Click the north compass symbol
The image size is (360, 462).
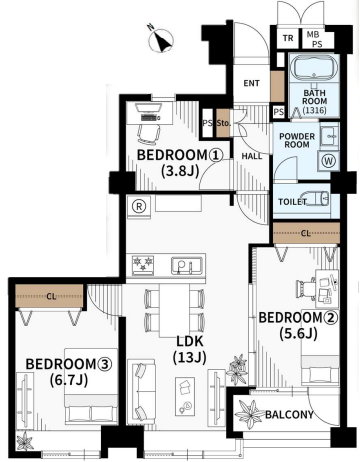tap(161, 40)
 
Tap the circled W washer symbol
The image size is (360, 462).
tap(329, 161)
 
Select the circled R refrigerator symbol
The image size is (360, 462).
tap(139, 206)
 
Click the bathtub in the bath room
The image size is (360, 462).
tap(313, 69)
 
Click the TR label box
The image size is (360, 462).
tap(288, 38)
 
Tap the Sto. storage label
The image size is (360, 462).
tap(223, 123)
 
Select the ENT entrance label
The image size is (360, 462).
tap(251, 83)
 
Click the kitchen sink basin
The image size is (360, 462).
tap(186, 265)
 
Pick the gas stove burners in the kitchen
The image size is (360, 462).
tap(143, 265)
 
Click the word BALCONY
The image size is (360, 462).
tap(289, 415)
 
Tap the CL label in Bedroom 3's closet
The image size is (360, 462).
tap(51, 296)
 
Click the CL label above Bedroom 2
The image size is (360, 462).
tap(306, 233)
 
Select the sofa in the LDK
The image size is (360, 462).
tap(141, 391)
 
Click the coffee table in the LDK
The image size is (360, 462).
tap(185, 396)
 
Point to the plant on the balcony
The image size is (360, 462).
tap(249, 414)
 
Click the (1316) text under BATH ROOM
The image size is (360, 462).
tap(314, 110)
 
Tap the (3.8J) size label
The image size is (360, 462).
tap(180, 171)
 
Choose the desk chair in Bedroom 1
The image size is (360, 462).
tap(149, 133)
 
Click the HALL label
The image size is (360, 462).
tap(252, 156)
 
